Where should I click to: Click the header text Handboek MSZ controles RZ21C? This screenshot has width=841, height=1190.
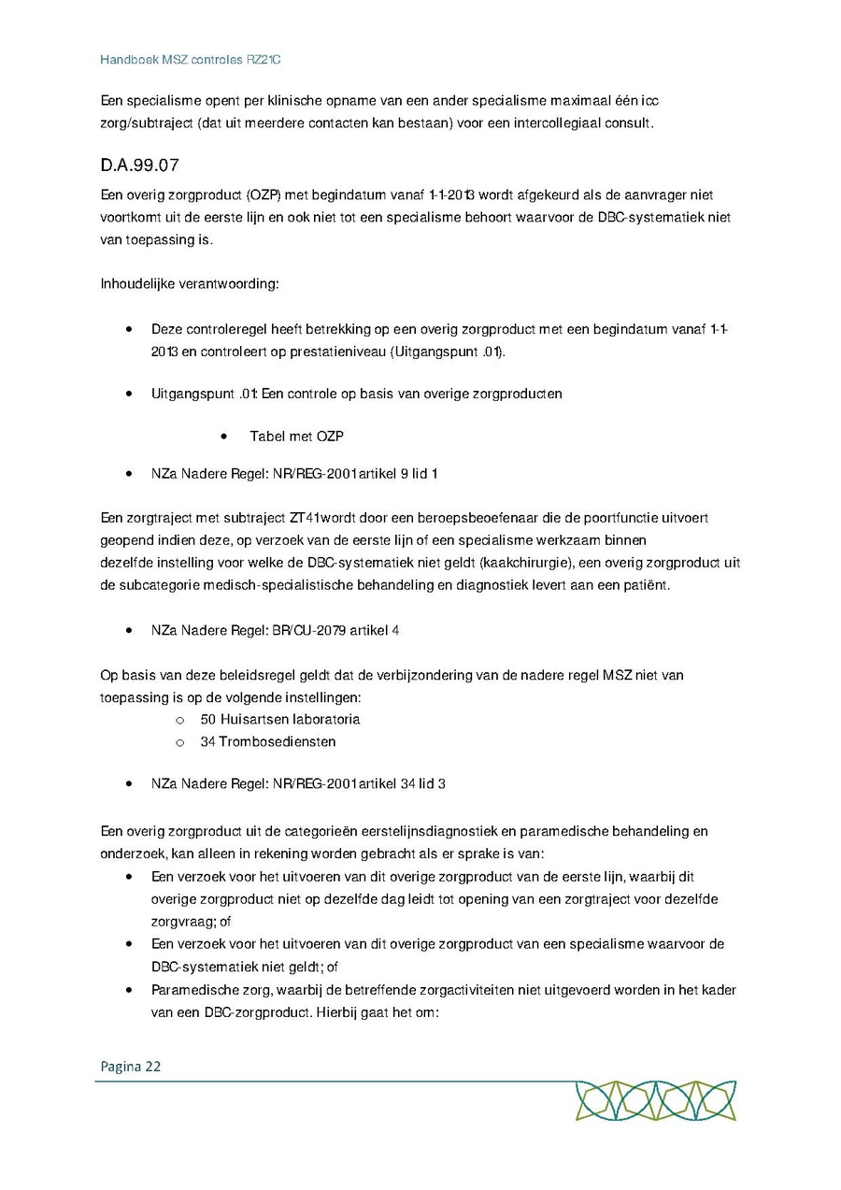(191, 60)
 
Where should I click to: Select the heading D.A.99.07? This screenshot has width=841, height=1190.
(139, 166)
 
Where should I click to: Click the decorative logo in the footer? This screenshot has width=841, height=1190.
(655, 1100)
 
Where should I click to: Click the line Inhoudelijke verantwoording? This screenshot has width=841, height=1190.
(190, 284)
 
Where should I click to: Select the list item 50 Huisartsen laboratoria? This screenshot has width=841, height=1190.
(279, 719)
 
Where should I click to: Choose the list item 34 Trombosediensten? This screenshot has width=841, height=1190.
(267, 741)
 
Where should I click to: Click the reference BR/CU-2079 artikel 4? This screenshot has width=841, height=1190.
(335, 630)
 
